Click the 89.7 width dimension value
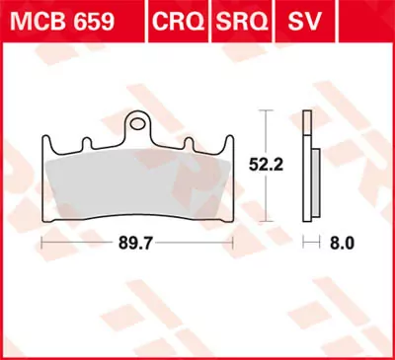pos(136,240)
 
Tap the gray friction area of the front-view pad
pos(138,178)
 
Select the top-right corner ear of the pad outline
pos(227,140)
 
